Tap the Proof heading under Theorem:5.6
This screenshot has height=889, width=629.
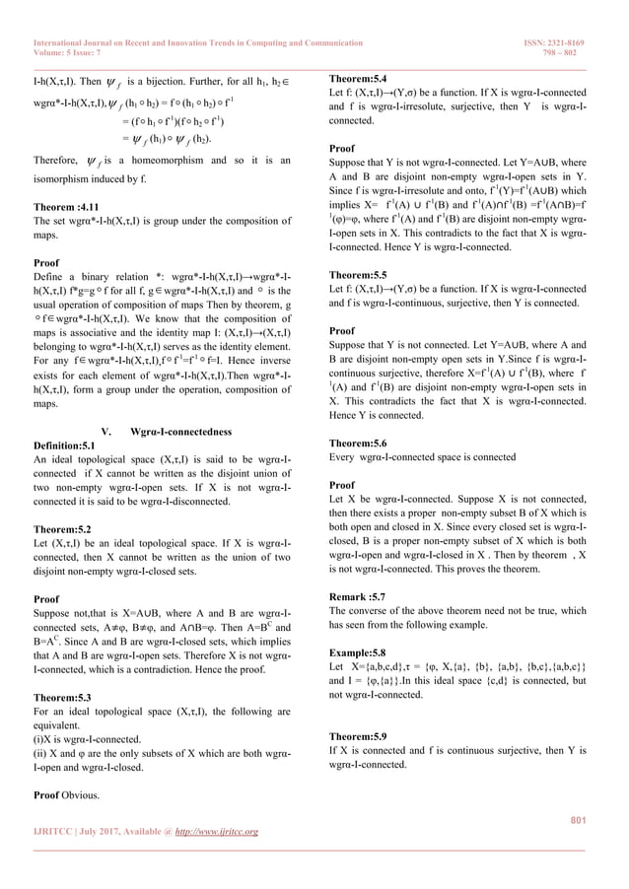(341, 486)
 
